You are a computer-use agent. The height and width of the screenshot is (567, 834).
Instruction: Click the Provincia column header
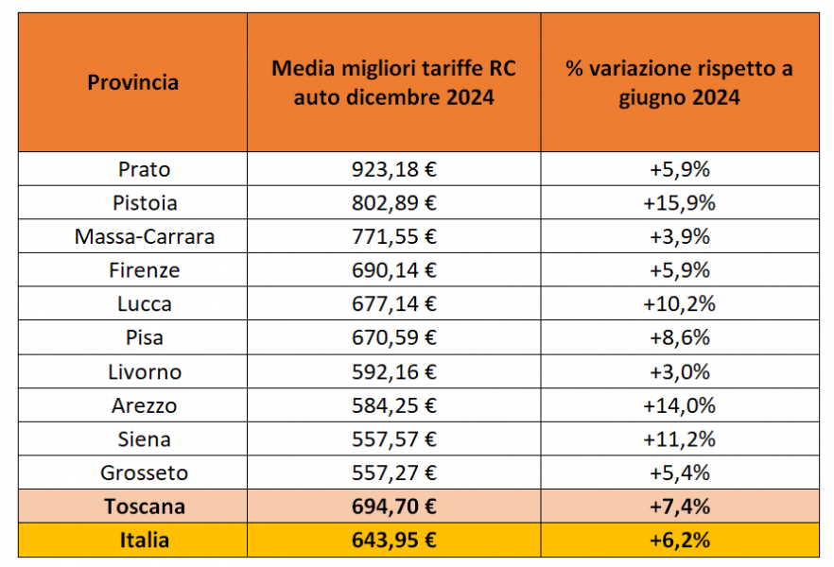[132, 82]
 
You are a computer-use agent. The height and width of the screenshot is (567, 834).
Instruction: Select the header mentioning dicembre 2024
[393, 82]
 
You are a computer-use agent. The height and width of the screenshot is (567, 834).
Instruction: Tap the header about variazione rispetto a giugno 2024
[679, 82]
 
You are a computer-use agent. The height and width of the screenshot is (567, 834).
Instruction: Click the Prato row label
[145, 169]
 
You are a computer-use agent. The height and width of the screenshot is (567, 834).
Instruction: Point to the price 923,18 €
[393, 169]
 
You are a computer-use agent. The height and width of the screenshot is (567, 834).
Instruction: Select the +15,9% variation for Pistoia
[679, 203]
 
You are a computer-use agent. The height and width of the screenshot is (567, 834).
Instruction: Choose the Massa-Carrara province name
[145, 237]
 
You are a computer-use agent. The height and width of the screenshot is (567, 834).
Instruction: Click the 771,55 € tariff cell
[393, 237]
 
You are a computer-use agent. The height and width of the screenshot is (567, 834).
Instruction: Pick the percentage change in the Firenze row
[679, 270]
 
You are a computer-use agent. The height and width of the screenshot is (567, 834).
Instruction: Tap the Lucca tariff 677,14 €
[393, 304]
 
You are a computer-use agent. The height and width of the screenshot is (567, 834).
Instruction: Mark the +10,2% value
[679, 304]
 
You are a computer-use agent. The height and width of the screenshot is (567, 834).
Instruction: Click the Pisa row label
[145, 338]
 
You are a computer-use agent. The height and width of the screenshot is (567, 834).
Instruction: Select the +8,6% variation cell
[679, 338]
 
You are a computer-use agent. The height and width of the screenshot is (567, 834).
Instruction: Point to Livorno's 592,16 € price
[393, 372]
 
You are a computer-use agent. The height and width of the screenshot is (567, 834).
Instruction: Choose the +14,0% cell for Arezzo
[679, 406]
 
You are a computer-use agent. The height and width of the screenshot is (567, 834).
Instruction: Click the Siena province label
[145, 439]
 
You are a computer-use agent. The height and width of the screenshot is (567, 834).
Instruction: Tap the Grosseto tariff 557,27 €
[393, 473]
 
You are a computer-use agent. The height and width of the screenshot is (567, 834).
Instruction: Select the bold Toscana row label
[145, 507]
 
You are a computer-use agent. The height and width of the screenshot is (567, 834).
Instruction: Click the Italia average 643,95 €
[393, 541]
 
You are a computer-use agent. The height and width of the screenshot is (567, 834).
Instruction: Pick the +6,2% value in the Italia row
[679, 541]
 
